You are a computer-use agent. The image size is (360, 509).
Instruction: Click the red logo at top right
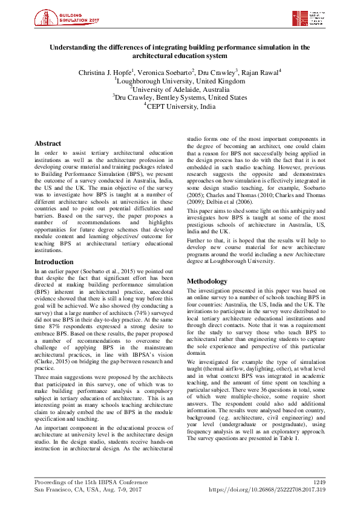pos(309,18)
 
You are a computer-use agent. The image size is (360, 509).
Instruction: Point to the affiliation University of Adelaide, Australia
pos(180,89)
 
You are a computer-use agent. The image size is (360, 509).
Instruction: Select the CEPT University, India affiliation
pos(180,106)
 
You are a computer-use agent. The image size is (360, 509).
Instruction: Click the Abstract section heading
pos(48,144)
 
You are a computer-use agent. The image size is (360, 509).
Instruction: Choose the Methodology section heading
pos(208,282)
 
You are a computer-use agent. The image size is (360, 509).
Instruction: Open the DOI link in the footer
pos(267,490)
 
